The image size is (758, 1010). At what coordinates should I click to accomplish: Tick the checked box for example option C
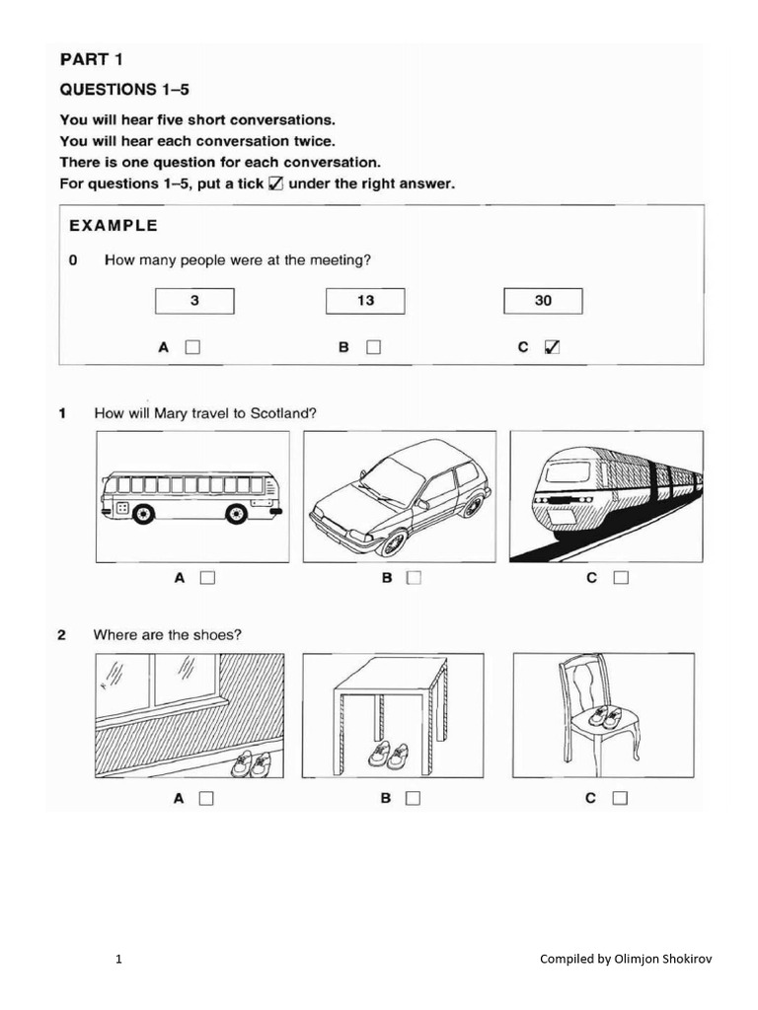(x=553, y=347)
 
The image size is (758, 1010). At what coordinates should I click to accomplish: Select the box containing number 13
(x=365, y=301)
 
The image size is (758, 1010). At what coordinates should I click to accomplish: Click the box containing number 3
(x=194, y=301)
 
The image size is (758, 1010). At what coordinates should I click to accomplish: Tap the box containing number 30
(x=543, y=301)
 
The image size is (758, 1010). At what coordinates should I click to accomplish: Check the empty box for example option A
(x=192, y=347)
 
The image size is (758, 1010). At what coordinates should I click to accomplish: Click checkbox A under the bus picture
(x=207, y=579)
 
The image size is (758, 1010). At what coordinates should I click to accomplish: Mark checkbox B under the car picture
(x=414, y=579)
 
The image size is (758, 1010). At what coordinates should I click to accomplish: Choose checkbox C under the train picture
(x=620, y=579)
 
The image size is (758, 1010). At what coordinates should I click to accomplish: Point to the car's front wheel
(x=393, y=541)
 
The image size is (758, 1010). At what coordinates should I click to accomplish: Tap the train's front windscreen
(x=568, y=471)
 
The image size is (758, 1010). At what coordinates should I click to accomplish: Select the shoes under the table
(x=388, y=756)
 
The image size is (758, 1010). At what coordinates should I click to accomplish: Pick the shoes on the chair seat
(x=605, y=717)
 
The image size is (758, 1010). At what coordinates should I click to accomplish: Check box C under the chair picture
(x=620, y=798)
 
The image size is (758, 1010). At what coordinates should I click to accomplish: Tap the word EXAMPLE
(x=113, y=225)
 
